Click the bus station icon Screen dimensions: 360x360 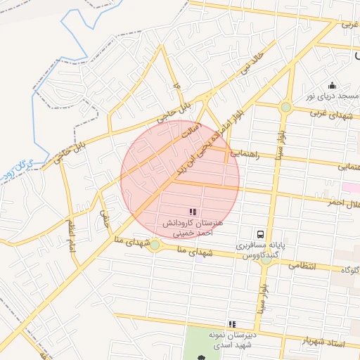(x=260, y=234)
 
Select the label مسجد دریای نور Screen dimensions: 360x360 (x=328, y=95)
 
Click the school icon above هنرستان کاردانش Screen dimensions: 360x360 (x=193, y=211)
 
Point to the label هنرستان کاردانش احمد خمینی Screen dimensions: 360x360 (x=192, y=227)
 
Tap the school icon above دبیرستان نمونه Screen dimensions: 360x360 (x=232, y=324)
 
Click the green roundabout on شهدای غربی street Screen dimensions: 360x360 (x=285, y=108)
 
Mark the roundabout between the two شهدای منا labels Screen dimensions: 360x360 (x=154, y=245)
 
